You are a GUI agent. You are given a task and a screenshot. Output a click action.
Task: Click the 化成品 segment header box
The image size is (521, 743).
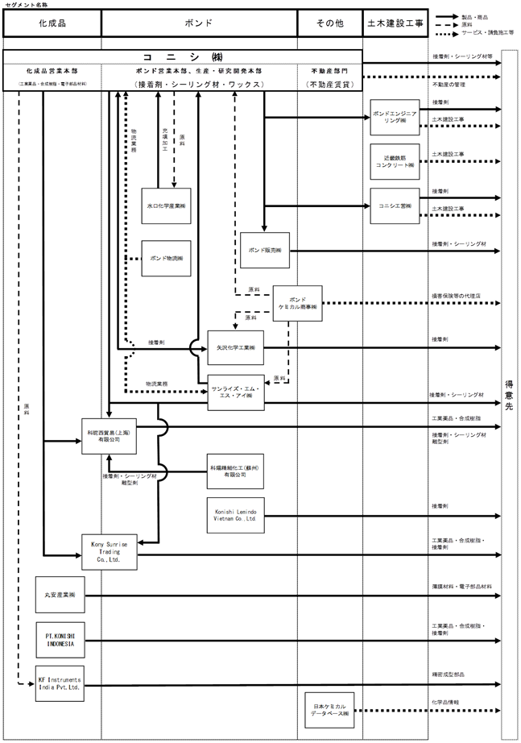pyautogui.click(x=52, y=23)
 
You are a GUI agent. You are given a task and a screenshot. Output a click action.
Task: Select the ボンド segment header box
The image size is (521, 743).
pyautogui.click(x=199, y=23)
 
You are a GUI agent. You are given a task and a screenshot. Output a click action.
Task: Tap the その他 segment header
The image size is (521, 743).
pyautogui.click(x=329, y=23)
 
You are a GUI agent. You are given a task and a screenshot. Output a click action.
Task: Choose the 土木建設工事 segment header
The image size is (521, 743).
pyautogui.click(x=394, y=23)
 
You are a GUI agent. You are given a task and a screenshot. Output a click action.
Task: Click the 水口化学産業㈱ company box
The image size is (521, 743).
pyautogui.click(x=166, y=206)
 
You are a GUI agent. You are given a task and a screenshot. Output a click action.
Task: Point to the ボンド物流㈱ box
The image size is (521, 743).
pyautogui.click(x=166, y=259)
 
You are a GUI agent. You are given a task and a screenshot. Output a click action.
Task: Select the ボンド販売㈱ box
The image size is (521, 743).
pyautogui.click(x=265, y=251)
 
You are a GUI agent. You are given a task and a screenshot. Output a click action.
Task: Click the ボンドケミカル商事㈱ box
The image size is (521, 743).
pyautogui.click(x=297, y=303)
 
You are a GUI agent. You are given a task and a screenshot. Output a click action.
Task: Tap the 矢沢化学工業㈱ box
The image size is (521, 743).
pyautogui.click(x=235, y=347)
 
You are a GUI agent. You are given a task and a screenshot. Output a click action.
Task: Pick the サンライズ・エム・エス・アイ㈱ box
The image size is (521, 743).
pyautogui.click(x=235, y=392)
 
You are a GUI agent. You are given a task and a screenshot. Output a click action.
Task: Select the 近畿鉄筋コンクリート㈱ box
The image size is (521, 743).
pyautogui.click(x=395, y=160)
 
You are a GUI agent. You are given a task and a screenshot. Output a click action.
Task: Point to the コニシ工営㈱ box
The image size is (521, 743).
pyautogui.click(x=395, y=206)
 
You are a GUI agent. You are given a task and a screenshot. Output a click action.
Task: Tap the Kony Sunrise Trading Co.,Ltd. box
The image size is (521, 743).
pyautogui.click(x=110, y=551)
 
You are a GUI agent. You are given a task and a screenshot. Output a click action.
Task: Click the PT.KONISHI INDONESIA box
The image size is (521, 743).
pyautogui.click(x=60, y=640)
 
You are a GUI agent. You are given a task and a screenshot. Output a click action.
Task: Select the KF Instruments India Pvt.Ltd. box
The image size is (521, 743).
pyautogui.click(x=60, y=683)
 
